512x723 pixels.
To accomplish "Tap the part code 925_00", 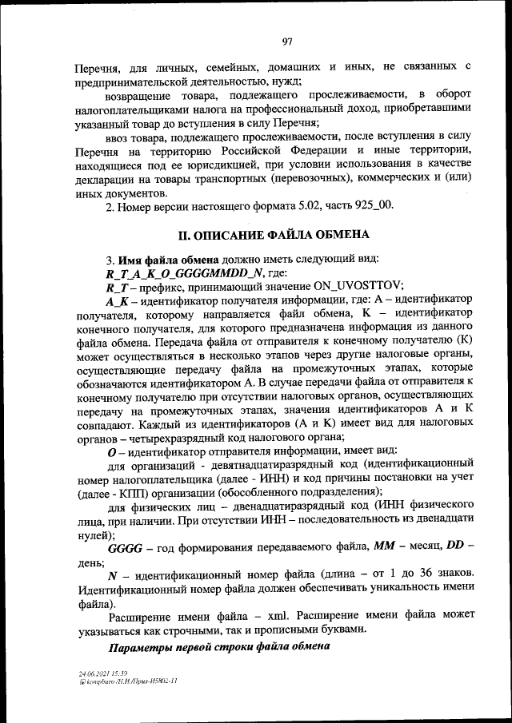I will pyautogui.click(x=372, y=207).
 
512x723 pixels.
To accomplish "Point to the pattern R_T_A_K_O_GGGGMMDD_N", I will pyautogui.click(x=171, y=272).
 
